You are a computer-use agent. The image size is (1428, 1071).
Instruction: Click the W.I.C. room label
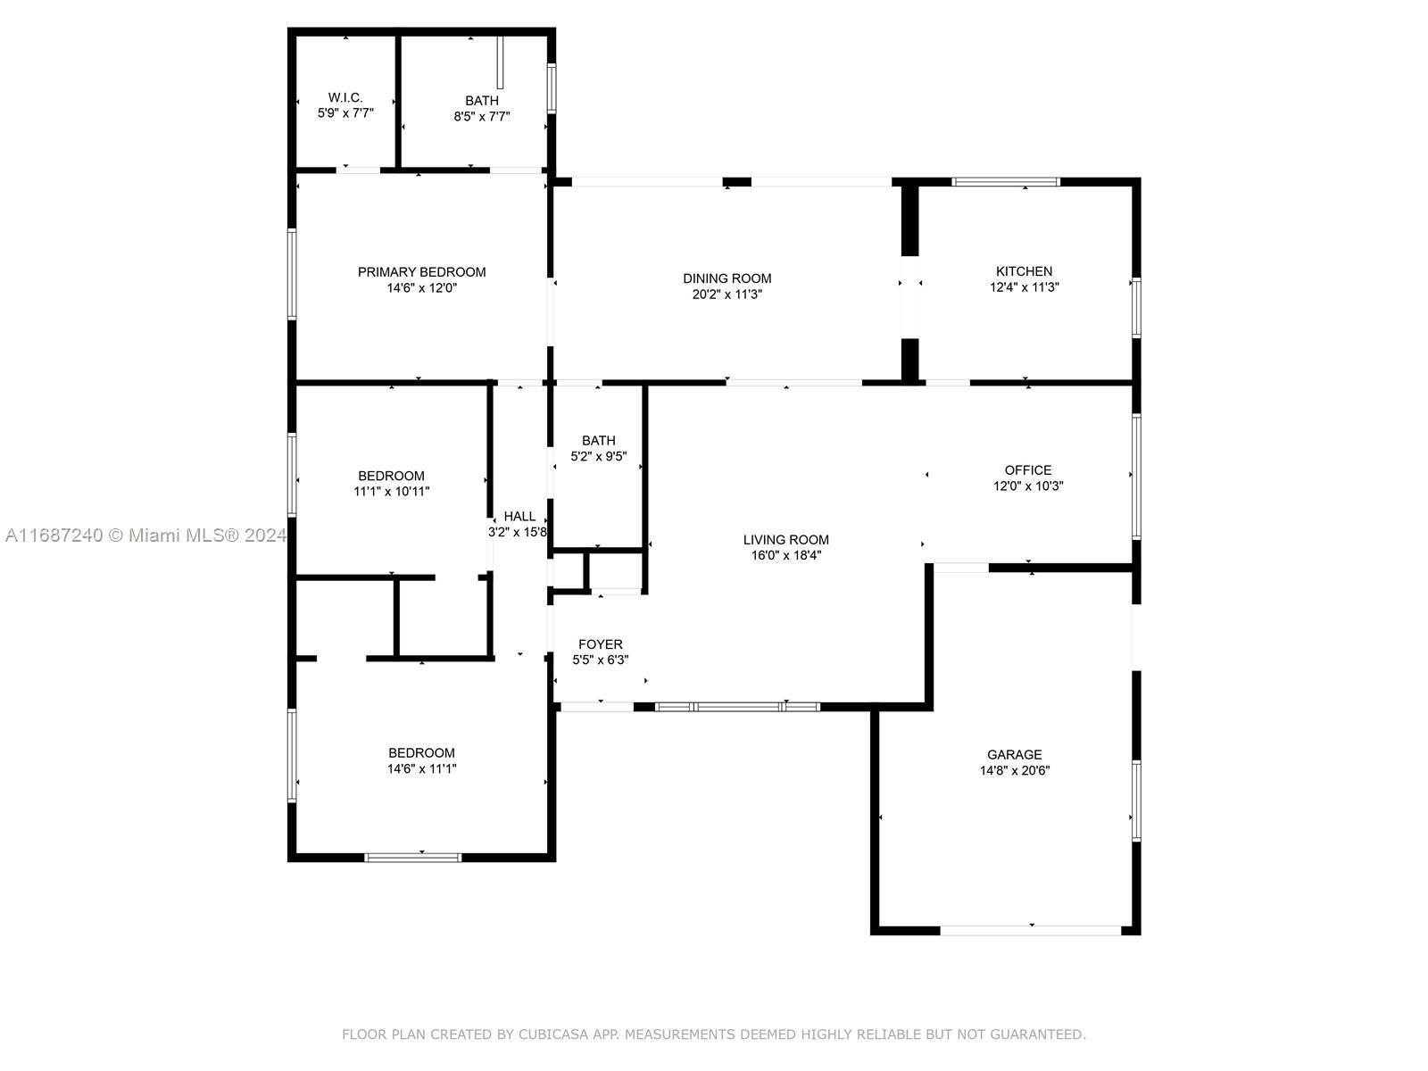pyautogui.click(x=345, y=97)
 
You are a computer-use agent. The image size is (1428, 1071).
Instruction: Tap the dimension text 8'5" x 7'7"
pyautogui.click(x=481, y=116)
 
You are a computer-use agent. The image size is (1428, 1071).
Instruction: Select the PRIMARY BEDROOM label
pyautogui.click(x=421, y=272)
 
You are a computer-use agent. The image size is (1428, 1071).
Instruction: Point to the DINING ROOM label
pyautogui.click(x=726, y=278)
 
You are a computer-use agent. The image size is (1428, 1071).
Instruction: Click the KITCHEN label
pyautogui.click(x=1024, y=271)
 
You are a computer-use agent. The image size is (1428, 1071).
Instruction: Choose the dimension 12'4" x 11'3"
pyautogui.click(x=1024, y=286)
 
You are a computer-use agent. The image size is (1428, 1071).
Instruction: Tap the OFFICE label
pyautogui.click(x=1028, y=469)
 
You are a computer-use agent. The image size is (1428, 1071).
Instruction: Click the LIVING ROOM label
pyautogui.click(x=786, y=539)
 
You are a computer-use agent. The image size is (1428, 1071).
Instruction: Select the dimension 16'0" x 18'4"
pyautogui.click(x=786, y=554)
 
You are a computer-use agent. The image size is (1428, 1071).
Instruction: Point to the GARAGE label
pyautogui.click(x=1014, y=754)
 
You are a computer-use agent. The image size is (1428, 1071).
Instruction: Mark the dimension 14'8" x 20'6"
pyautogui.click(x=1014, y=770)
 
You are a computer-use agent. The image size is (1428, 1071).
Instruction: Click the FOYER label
pyautogui.click(x=600, y=643)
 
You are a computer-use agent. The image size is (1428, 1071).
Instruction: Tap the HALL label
pyautogui.click(x=519, y=516)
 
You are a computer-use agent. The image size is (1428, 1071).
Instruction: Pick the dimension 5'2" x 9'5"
pyautogui.click(x=599, y=456)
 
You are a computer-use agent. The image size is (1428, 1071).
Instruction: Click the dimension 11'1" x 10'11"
pyautogui.click(x=391, y=491)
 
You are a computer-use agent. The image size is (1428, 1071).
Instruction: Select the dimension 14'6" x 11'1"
pyautogui.click(x=421, y=768)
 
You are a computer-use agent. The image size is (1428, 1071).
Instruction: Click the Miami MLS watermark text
pyautogui.click(x=145, y=535)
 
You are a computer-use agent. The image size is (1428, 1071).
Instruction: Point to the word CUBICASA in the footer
pyautogui.click(x=553, y=1034)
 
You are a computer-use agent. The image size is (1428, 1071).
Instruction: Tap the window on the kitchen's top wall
pyautogui.click(x=1005, y=181)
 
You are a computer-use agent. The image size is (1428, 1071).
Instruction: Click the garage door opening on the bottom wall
pyautogui.click(x=1031, y=931)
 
